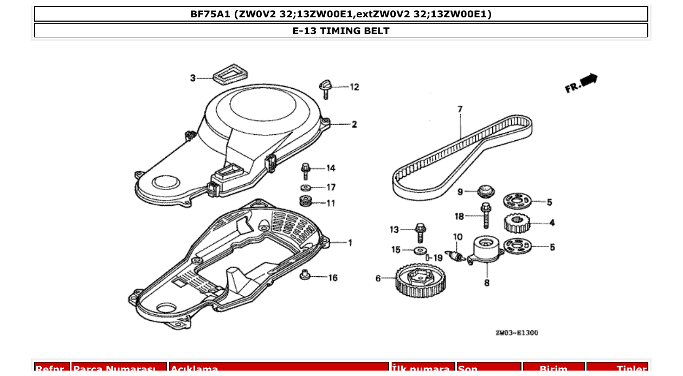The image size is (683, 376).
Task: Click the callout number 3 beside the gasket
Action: (192, 79)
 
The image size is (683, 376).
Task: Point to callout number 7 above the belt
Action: (460, 109)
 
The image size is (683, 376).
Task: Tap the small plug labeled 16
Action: (305, 275)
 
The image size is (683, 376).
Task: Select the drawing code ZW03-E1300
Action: (517, 333)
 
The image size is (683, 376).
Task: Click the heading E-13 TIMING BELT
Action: (341, 31)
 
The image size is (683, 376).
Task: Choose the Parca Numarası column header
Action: (119, 369)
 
